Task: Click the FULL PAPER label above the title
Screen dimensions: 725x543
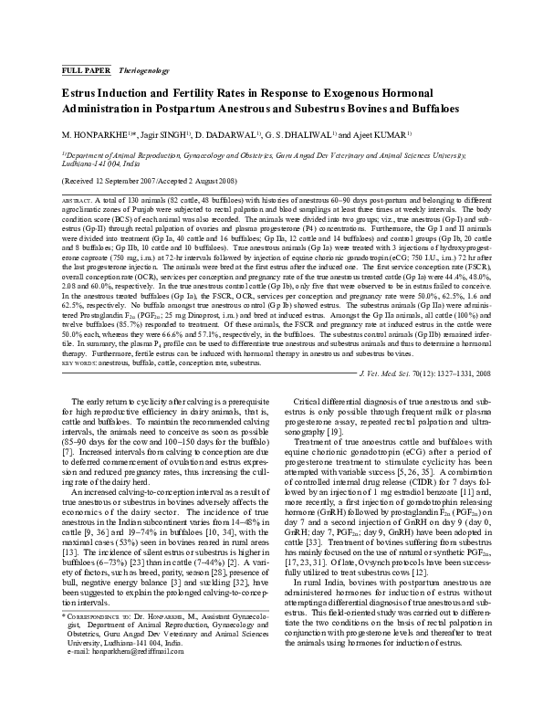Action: (84, 70)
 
